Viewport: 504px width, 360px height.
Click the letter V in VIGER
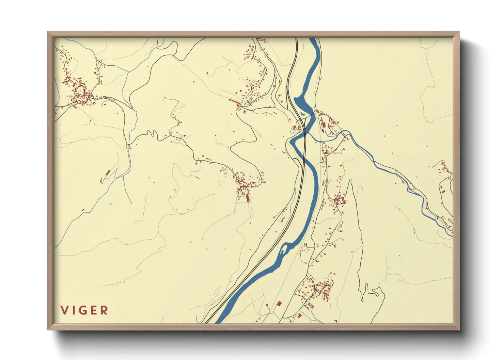click(x=64, y=310)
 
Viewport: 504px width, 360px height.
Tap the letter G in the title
click(x=83, y=310)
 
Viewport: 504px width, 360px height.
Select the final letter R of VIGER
click(x=104, y=310)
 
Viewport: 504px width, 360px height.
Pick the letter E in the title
click(x=94, y=310)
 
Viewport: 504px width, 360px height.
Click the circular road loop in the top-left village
click(x=81, y=91)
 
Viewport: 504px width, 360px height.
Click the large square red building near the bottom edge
click(x=279, y=304)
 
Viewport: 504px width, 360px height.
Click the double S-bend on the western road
click(x=152, y=134)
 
